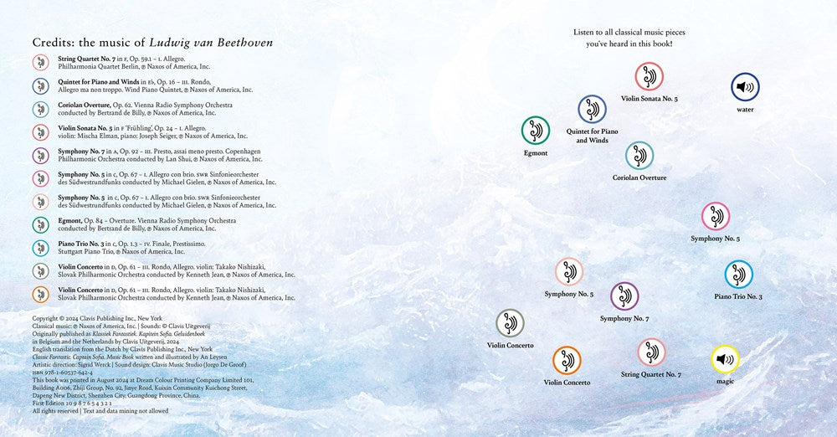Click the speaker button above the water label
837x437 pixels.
744,86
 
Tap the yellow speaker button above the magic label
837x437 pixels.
725,359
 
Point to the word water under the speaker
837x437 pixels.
745,109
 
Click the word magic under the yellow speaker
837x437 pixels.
725,382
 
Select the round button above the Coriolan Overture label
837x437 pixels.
639,155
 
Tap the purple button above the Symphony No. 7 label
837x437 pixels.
624,296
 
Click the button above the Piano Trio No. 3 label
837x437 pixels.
738,274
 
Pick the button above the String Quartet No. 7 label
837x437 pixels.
651,352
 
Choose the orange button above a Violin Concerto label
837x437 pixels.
567,360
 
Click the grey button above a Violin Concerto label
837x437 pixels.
510,322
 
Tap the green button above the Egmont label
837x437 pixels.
536,130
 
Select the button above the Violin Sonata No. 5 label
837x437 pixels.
649,76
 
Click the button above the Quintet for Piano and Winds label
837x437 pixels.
592,108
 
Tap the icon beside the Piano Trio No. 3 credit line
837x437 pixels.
40,248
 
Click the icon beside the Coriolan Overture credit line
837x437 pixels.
40,109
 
